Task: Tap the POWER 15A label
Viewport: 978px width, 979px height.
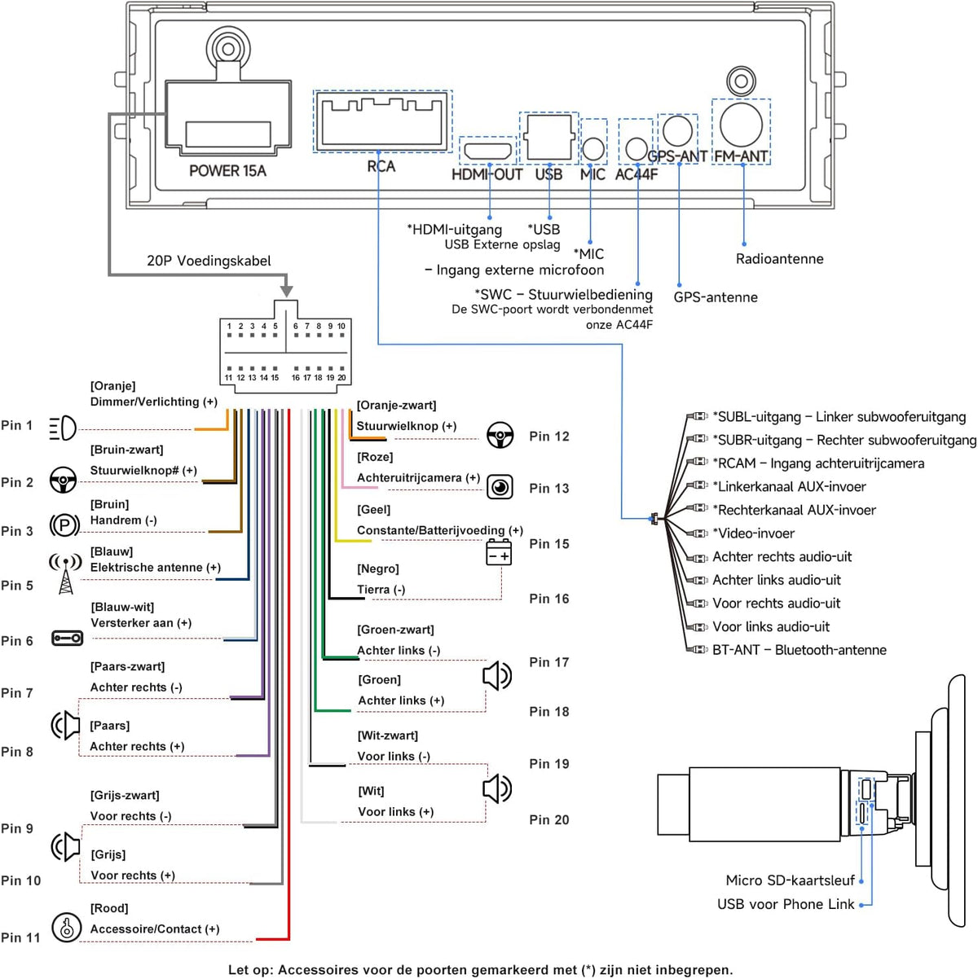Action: pos(227,171)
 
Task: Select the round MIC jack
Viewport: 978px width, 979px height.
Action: pos(593,149)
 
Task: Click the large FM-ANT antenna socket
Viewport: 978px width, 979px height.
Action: pos(741,125)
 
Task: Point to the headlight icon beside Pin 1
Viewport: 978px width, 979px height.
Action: pos(63,428)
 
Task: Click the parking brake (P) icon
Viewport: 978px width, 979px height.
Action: pos(64,525)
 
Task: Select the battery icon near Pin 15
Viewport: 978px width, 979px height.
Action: pos(499,552)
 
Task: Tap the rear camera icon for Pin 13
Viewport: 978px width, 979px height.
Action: pos(500,487)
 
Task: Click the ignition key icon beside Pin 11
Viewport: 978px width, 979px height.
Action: pos(66,927)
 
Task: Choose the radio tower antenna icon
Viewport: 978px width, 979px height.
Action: pos(65,573)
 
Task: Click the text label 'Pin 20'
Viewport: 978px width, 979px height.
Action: pos(548,819)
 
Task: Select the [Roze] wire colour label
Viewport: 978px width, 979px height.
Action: pos(375,457)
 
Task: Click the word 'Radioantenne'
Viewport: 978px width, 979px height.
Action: pos(779,258)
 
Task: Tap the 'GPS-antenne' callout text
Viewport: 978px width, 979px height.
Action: pos(715,297)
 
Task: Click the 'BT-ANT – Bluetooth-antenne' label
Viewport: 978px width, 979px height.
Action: pos(799,650)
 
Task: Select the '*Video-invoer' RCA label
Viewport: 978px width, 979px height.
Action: pos(753,533)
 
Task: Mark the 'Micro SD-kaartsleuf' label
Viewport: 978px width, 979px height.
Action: pos(790,880)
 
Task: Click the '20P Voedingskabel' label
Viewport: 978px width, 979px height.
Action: pos(209,261)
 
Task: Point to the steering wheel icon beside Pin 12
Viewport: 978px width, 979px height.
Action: pos(500,435)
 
